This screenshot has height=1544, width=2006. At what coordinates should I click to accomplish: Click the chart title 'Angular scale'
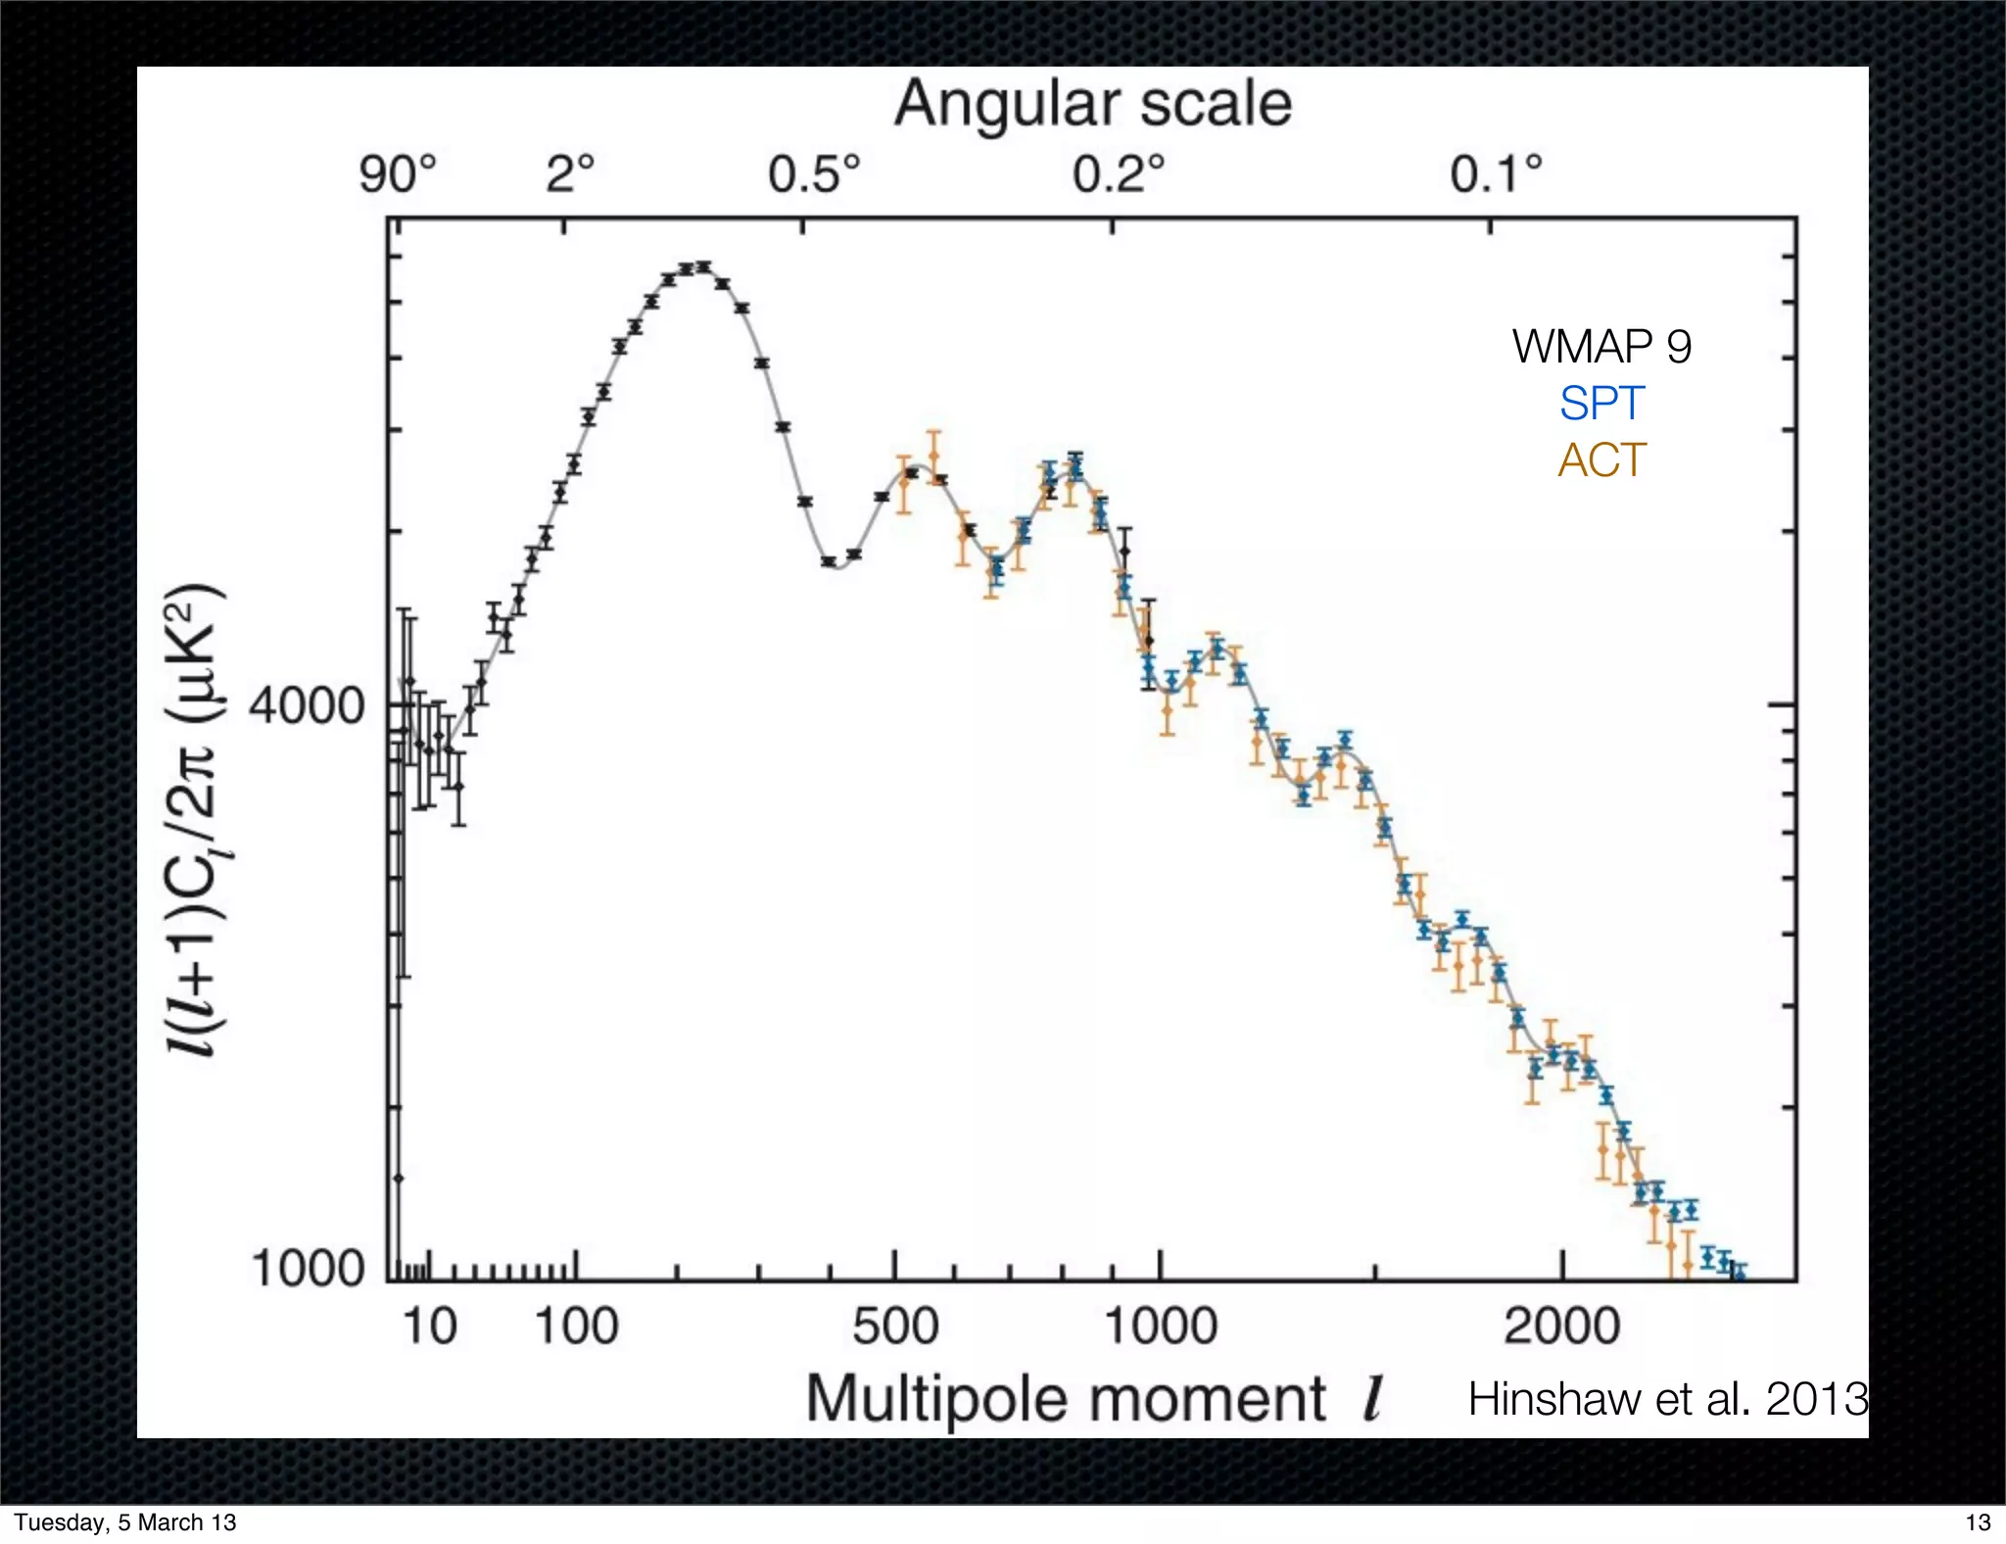(x=1093, y=104)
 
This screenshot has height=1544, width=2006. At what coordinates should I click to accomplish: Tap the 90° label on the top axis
(x=398, y=175)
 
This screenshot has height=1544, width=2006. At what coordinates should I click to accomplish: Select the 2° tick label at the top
(x=570, y=175)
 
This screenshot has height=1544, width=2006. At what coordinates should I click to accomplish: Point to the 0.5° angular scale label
(x=814, y=175)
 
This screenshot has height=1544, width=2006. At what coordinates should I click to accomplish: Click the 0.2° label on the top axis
(x=1119, y=175)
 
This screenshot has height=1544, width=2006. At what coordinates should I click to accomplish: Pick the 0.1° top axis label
(x=1496, y=175)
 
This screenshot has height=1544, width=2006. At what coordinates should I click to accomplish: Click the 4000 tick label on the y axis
(x=307, y=705)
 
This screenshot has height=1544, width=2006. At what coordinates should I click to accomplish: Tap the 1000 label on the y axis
(x=307, y=1269)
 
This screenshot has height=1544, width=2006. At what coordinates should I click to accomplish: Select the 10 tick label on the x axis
(x=429, y=1327)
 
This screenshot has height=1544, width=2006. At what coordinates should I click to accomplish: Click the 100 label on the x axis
(x=576, y=1327)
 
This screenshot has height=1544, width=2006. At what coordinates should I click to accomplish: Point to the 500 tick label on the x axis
(x=895, y=1327)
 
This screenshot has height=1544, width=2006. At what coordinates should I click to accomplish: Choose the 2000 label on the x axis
(x=1562, y=1327)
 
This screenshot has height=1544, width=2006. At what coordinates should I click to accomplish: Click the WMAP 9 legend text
(x=1601, y=347)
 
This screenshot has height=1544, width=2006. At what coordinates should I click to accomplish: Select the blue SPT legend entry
(x=1601, y=404)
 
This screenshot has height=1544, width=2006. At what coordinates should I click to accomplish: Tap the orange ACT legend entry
(x=1601, y=460)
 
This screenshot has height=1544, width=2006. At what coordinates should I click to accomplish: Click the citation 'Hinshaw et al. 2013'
(x=1667, y=1399)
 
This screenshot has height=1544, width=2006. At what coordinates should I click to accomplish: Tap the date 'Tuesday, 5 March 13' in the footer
(x=125, y=1522)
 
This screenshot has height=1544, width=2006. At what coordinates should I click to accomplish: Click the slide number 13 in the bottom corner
(x=1978, y=1522)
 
